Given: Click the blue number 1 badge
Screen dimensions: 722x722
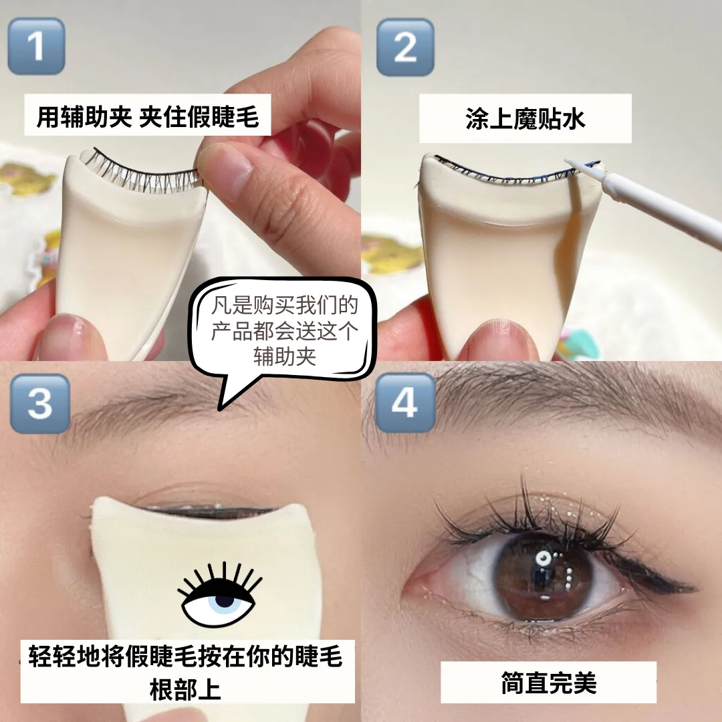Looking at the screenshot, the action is [x=36, y=46].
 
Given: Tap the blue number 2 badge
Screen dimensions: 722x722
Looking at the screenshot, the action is [x=405, y=47].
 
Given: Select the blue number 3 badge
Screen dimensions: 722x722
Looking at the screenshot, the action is [x=40, y=404].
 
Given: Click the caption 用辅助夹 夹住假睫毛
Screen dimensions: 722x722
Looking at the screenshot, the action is [x=147, y=116].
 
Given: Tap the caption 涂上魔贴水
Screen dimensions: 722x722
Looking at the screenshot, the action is [x=525, y=118].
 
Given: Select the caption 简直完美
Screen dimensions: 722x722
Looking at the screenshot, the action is [x=548, y=683].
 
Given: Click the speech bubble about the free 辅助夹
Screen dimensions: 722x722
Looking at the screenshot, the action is [x=284, y=331].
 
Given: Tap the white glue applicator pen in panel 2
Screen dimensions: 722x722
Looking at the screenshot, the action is [x=644, y=203].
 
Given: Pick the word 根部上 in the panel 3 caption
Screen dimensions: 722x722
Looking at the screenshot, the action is [x=185, y=689].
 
